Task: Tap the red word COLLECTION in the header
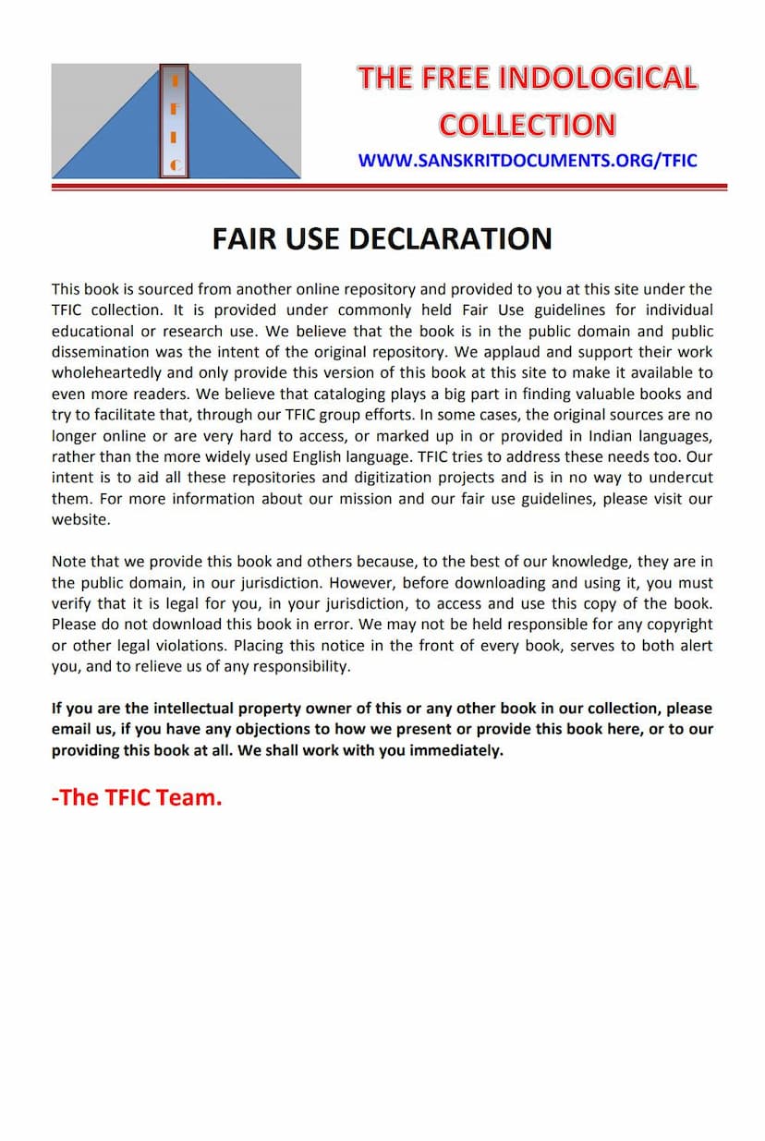(x=527, y=125)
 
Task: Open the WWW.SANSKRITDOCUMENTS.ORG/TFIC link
(x=527, y=161)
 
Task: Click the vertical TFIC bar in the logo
(x=174, y=120)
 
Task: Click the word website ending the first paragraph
(x=79, y=520)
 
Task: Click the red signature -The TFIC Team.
(x=137, y=797)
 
